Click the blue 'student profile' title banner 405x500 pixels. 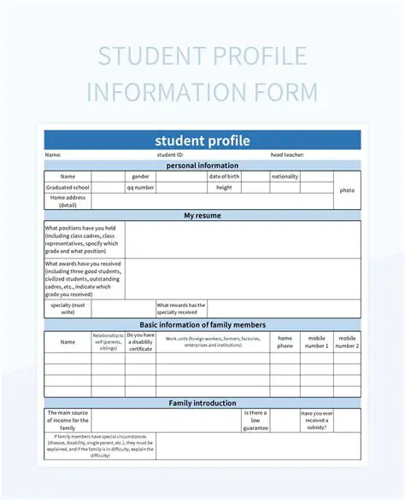tap(202, 140)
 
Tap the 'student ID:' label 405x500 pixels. tap(170, 154)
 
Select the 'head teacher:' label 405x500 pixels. tap(287, 154)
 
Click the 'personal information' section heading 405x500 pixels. tap(202, 166)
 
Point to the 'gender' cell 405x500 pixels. tap(141, 177)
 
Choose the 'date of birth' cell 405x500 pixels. tap(224, 177)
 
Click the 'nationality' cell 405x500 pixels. tap(285, 177)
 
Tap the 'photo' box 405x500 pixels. tap(347, 190)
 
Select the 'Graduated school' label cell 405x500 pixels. tap(67, 188)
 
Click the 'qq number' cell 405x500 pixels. tap(141, 188)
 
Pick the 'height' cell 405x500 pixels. tap(224, 188)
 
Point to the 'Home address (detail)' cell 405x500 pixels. tap(67, 201)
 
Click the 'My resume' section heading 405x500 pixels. tap(202, 216)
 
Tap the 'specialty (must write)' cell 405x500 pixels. tap(67, 308)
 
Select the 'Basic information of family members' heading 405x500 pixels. tap(202, 325)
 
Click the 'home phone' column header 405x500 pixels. tap(285, 341)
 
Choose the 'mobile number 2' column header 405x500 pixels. tap(347, 341)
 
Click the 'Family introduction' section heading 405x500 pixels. tap(202, 403)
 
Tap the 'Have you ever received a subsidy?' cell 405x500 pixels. tap(316, 419)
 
